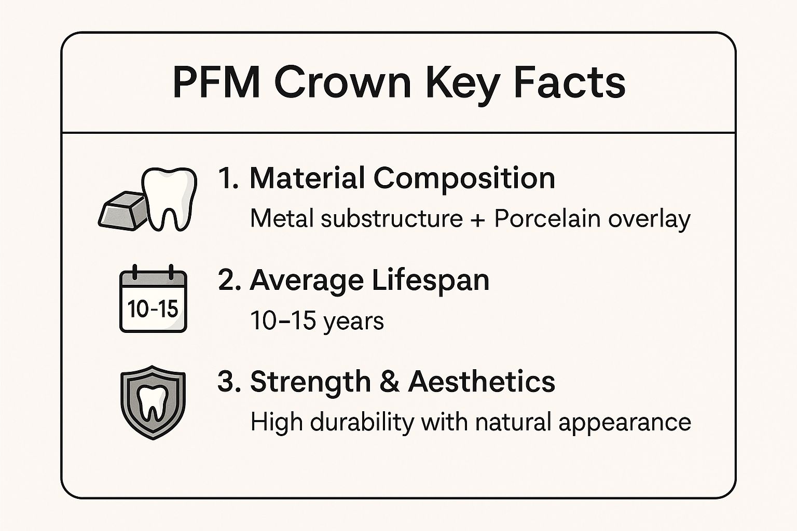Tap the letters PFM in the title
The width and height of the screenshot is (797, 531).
pyautogui.click(x=216, y=83)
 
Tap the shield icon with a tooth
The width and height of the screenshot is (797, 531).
pyautogui.click(x=153, y=402)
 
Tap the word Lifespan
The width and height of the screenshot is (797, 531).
pyautogui.click(x=430, y=281)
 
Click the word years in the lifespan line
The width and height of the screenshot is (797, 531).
pyautogui.click(x=353, y=322)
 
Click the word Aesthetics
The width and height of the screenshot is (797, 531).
pyautogui.click(x=482, y=382)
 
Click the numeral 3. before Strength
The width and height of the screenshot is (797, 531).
pyautogui.click(x=229, y=382)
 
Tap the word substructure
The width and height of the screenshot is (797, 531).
pyautogui.click(x=392, y=218)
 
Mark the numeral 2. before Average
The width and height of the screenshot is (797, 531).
pyautogui.click(x=229, y=281)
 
